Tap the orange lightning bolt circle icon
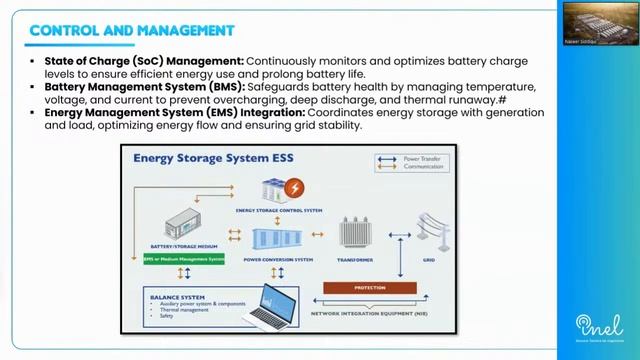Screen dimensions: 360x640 pyautogui.click(x=295, y=188)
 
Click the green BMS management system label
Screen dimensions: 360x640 pyautogui.click(x=183, y=259)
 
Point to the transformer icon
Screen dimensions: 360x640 pyautogui.click(x=354, y=233)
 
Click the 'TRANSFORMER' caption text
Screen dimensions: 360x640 pyautogui.click(x=355, y=260)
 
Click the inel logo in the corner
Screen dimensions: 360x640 pyautogui.click(x=600, y=331)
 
